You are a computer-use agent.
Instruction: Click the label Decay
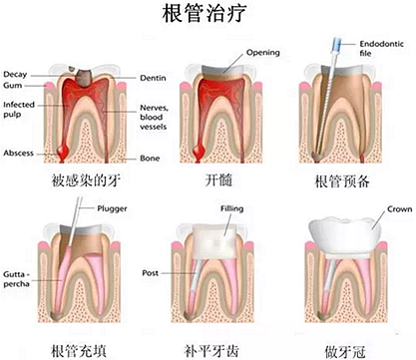[16, 75]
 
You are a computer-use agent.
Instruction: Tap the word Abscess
[19, 154]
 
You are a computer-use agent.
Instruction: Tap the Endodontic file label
[379, 49]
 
